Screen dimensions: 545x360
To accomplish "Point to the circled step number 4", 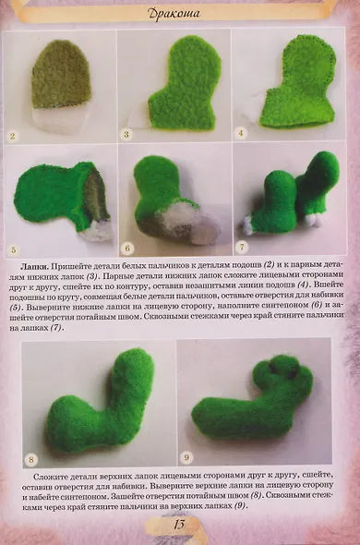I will [x=241, y=132].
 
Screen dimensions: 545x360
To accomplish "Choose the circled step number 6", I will [x=128, y=248].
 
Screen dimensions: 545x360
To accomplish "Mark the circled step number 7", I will [x=241, y=248].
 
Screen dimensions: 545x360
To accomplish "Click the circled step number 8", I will [x=30, y=458].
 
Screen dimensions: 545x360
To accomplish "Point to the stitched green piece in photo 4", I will [x=296, y=88].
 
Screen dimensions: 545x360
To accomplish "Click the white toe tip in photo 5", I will [x=96, y=232].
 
